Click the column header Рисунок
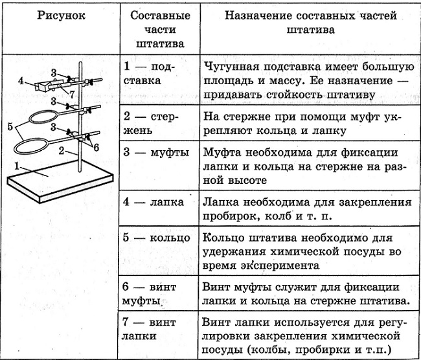[62, 16]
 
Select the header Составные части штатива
[160, 30]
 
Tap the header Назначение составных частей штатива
[311, 23]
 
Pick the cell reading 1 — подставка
[149, 74]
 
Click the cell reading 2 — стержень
[151, 124]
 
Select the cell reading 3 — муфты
[156, 153]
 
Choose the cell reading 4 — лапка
[154, 202]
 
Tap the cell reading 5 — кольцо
[157, 238]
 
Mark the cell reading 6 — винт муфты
[149, 294]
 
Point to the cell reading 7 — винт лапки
[149, 329]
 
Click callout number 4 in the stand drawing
[21, 80]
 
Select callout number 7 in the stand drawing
[71, 95]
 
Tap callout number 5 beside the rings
[10, 126]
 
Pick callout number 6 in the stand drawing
[96, 147]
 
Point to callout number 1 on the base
[17, 166]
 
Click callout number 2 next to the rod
[62, 151]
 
